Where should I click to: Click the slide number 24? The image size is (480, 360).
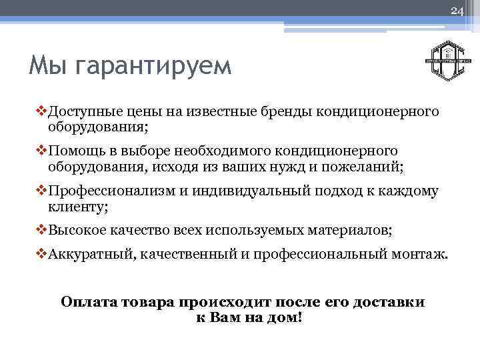coord(457,11)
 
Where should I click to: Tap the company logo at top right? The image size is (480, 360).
coord(449,60)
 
